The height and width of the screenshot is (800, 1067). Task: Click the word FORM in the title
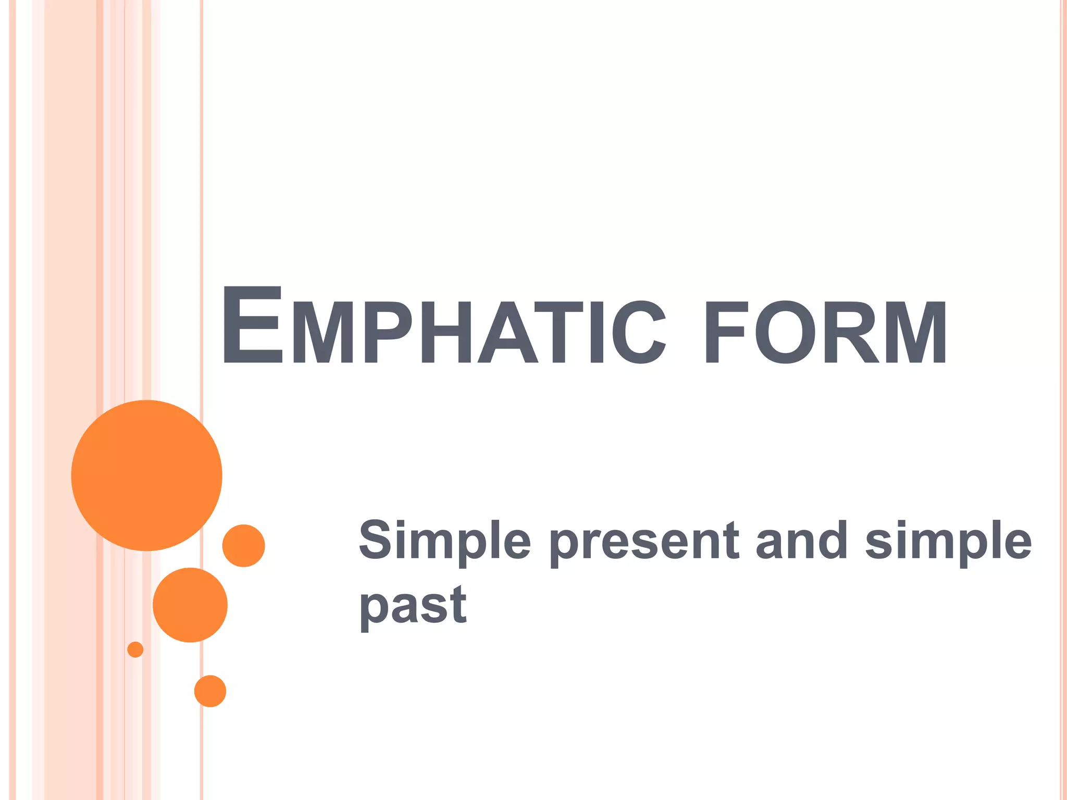(x=825, y=332)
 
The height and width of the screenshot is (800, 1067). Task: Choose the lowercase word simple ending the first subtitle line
(x=948, y=542)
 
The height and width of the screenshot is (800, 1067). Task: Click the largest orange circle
(x=147, y=475)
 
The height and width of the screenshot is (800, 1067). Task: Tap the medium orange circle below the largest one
(x=190, y=605)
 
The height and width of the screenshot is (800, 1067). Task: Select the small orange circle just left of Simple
(x=243, y=545)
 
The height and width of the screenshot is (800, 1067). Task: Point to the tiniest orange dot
(x=135, y=649)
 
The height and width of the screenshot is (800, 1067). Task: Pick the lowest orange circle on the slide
(x=210, y=691)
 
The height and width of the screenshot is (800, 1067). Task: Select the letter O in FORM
(x=785, y=332)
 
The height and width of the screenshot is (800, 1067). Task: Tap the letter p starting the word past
(x=374, y=609)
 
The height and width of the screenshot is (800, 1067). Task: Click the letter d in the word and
(x=831, y=540)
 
